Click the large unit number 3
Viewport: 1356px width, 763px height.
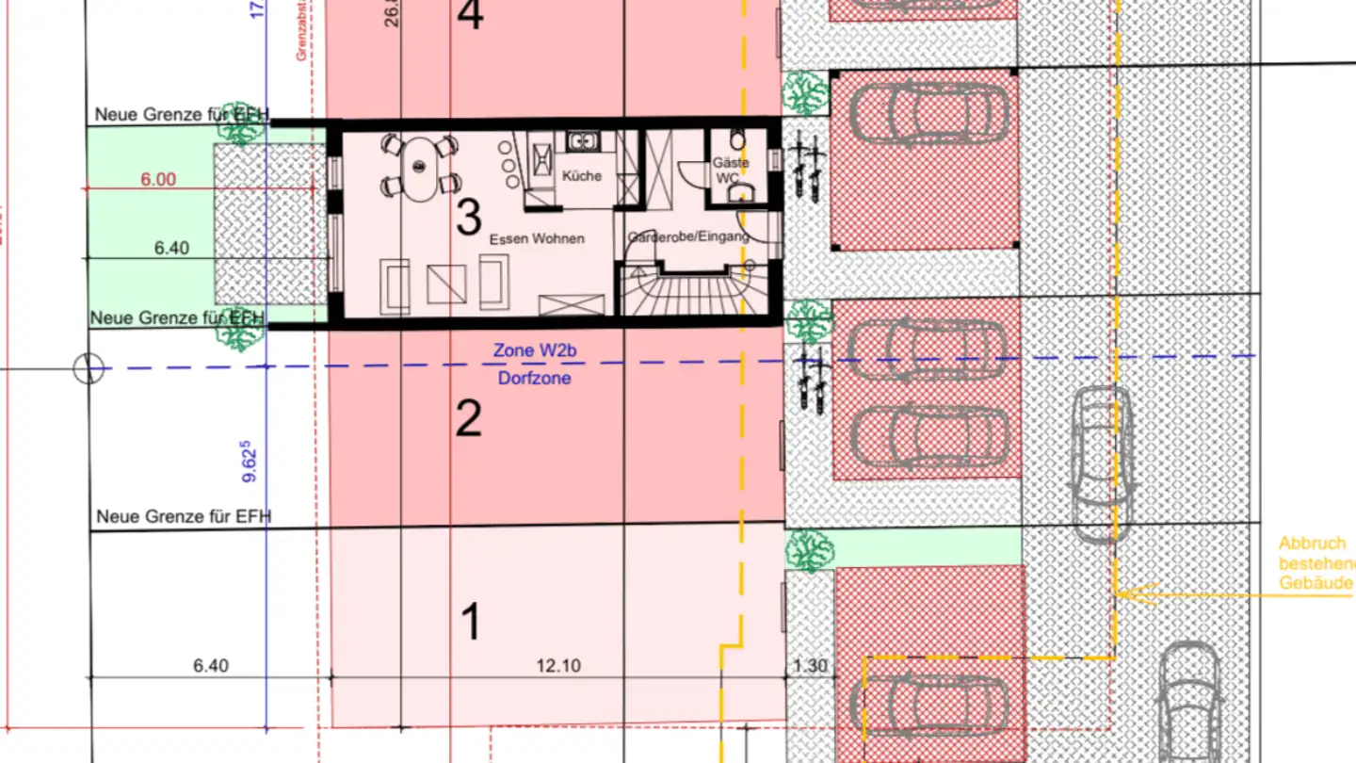tap(468, 218)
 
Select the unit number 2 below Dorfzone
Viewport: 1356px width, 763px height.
tap(468, 419)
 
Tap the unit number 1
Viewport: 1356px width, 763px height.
tap(471, 623)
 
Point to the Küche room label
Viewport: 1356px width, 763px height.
tap(581, 176)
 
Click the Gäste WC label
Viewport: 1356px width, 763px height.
tap(731, 170)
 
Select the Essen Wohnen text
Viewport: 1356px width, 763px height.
tap(537, 239)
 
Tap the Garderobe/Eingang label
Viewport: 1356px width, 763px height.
tap(688, 236)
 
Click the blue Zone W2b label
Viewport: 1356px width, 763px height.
tap(533, 351)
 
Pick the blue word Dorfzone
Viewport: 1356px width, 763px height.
tap(533, 379)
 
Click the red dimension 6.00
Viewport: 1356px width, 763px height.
tap(158, 180)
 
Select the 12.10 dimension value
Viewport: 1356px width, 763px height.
tap(558, 666)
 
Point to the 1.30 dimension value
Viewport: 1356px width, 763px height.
tap(810, 666)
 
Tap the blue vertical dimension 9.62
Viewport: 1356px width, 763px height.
tap(250, 462)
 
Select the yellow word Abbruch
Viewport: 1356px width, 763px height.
tap(1312, 544)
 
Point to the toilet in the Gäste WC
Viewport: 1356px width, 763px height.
tap(737, 141)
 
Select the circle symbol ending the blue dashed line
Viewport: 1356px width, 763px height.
tap(89, 368)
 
